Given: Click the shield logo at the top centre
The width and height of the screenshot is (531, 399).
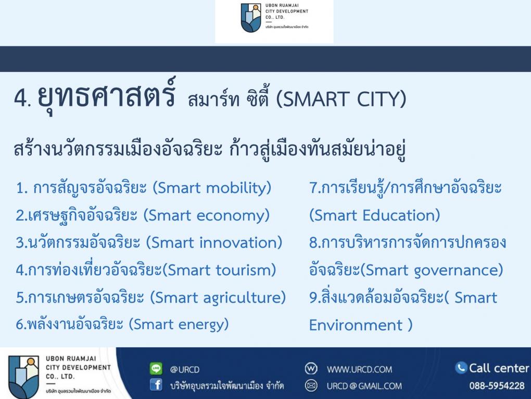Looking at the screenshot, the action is click(251, 18).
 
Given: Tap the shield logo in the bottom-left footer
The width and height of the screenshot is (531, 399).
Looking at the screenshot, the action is click(24, 377).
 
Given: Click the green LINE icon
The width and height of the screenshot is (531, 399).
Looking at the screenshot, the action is click(156, 368).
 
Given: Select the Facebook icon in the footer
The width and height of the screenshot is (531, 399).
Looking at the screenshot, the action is click(156, 385).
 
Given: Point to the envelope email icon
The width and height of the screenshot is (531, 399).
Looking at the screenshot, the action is click(311, 386).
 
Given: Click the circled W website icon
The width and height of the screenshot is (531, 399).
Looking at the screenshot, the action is click(311, 368).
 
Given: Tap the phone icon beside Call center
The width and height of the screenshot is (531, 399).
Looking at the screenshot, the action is click(461, 368).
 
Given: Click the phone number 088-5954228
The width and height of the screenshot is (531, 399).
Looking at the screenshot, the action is click(497, 386).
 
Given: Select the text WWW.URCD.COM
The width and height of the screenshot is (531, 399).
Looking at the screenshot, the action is click(359, 369).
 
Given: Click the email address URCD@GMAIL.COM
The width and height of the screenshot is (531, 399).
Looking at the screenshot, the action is click(364, 386).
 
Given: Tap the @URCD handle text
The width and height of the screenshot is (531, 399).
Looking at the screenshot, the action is click(185, 369).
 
